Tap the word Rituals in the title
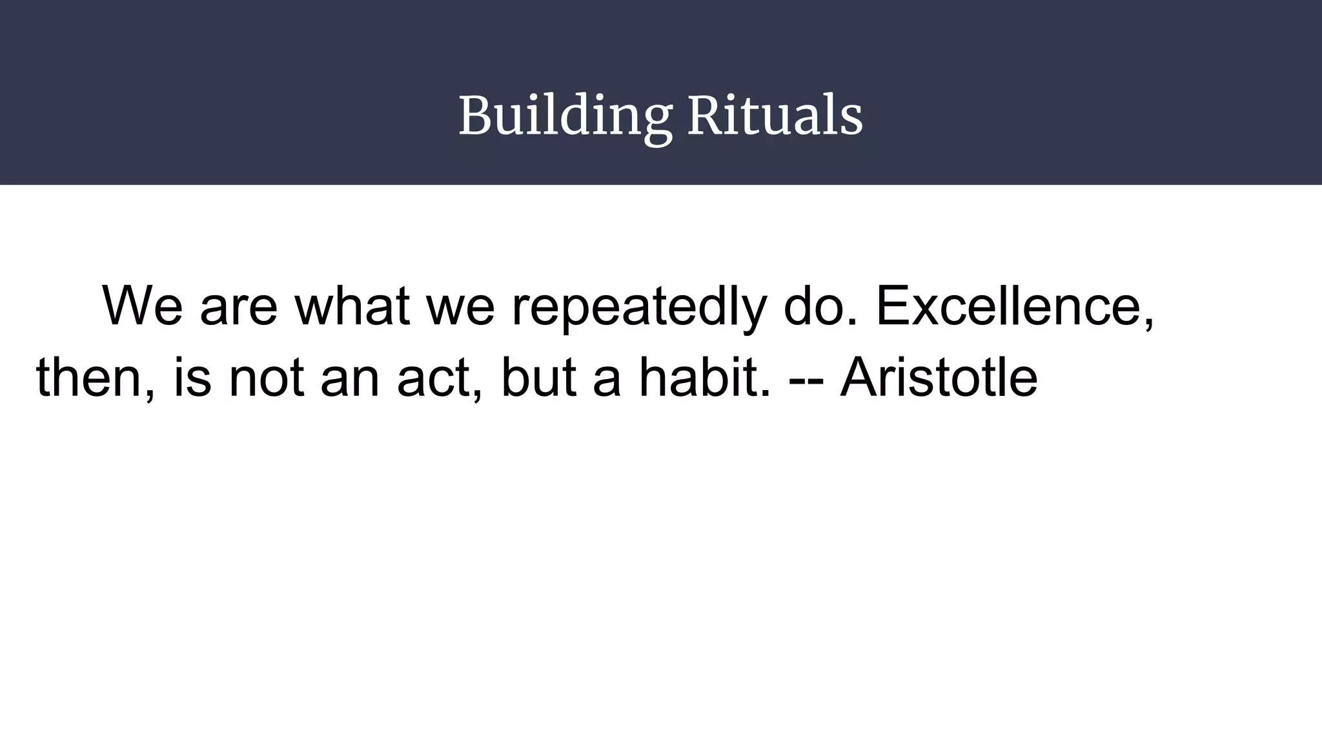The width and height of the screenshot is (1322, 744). tap(775, 116)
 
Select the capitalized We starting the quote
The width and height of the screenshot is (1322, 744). tap(143, 305)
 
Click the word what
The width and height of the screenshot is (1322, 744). tap(352, 305)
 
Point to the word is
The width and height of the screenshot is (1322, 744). tap(192, 377)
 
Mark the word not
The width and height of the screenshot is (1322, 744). tap(266, 378)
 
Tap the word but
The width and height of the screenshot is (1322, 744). tap(538, 377)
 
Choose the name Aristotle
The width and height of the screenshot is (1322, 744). tap(939, 377)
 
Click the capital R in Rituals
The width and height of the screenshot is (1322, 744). tap(702, 116)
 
